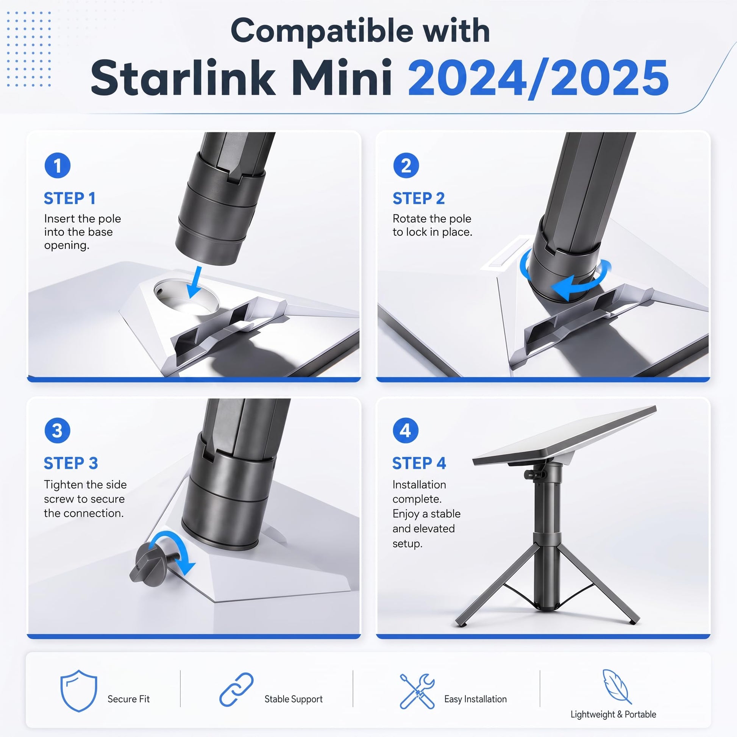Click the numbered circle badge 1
(x=57, y=165)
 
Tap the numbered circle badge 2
(x=406, y=165)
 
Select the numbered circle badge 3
(x=57, y=430)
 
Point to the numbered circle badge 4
(x=406, y=430)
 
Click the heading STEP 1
(x=69, y=198)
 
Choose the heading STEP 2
(x=418, y=198)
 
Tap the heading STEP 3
(x=70, y=463)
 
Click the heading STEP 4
(x=419, y=463)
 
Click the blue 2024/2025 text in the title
(x=538, y=78)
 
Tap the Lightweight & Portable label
(x=614, y=714)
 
